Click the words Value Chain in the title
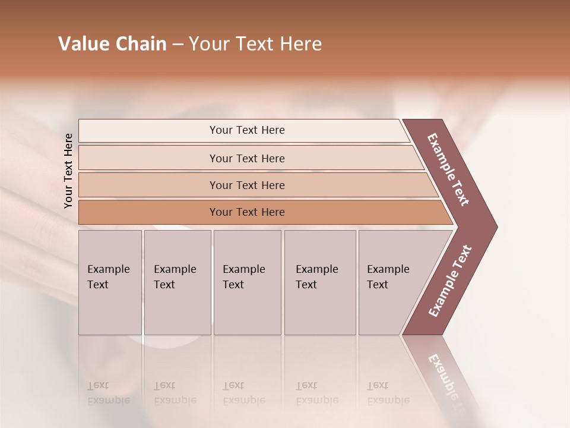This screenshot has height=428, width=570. [112, 44]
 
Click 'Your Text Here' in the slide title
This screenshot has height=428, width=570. [255, 44]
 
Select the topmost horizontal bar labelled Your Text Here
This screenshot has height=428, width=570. [246, 130]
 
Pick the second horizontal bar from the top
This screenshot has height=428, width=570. [246, 158]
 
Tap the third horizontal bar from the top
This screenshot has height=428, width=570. [246, 185]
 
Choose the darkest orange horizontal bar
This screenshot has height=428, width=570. [246, 212]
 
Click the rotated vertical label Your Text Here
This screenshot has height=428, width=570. [68, 171]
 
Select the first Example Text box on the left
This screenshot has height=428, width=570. [110, 282]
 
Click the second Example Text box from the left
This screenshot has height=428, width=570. [177, 282]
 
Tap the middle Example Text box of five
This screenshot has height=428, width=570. [247, 282]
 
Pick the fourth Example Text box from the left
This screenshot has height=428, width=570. [320, 282]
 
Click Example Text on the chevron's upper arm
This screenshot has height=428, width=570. [448, 169]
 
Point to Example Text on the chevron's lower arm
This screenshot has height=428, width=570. [449, 281]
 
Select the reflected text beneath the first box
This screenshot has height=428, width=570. [108, 393]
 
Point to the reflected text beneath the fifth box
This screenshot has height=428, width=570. [388, 393]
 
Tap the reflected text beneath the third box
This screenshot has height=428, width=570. [243, 393]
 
